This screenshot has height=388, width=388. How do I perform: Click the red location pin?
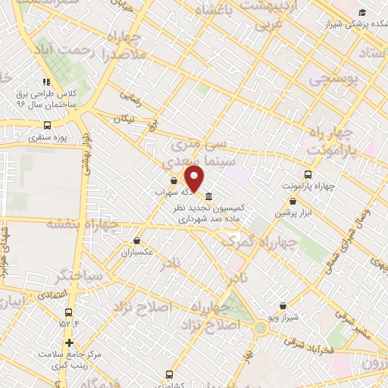(195, 178)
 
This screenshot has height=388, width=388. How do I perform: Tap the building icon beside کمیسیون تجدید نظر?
(209, 196)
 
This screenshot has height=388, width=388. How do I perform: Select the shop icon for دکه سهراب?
(174, 181)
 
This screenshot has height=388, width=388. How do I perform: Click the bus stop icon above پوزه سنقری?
(48, 125)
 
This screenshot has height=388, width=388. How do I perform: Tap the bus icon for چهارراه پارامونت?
(307, 174)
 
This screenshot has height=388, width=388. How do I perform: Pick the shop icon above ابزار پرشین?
(293, 202)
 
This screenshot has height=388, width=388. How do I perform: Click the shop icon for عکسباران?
(125, 242)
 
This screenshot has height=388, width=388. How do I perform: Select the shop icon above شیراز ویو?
(283, 306)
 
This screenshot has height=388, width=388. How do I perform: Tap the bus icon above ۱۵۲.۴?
(69, 312)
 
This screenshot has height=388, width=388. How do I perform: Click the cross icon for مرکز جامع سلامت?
(70, 342)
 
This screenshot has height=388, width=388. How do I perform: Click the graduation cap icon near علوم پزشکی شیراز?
(362, 12)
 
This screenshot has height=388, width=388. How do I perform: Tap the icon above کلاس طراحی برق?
(46, 82)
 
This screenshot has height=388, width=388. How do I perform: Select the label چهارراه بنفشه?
(79, 224)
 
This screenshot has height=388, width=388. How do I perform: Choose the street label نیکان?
(127, 119)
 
